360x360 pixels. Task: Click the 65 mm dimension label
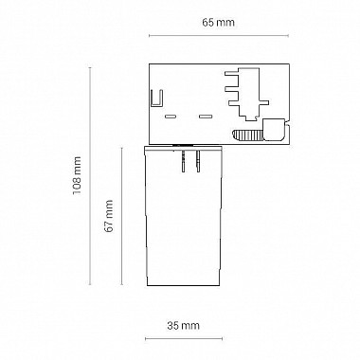[x=218, y=23]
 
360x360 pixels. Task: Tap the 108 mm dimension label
[x=77, y=176]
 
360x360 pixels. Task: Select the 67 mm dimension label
[x=109, y=216]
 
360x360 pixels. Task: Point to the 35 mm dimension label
[x=184, y=325]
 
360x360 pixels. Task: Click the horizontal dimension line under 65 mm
[x=219, y=36]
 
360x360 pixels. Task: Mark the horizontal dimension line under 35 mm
[x=184, y=339]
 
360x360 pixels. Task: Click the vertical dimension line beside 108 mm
[x=90, y=176]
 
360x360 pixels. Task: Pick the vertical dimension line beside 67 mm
[x=122, y=216]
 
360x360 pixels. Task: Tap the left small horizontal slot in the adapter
[x=171, y=117]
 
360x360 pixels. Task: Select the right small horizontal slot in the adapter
[x=205, y=117]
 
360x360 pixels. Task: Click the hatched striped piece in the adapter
[x=247, y=135]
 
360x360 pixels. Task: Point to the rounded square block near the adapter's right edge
[x=274, y=129]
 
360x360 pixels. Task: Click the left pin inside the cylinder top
[x=184, y=161]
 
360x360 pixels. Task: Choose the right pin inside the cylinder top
[x=198, y=161]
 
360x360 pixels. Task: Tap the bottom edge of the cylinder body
[x=184, y=285]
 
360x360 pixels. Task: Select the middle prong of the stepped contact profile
[x=232, y=89]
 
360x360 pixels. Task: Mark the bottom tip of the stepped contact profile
[x=251, y=120]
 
